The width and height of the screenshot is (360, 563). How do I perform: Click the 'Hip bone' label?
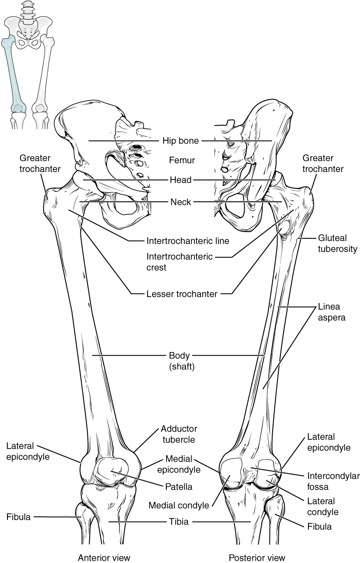coord(181,141)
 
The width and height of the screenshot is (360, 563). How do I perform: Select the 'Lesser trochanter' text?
coord(182,294)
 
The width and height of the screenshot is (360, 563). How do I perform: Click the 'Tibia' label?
coord(180,522)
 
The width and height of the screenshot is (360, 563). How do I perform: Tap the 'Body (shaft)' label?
coord(181,361)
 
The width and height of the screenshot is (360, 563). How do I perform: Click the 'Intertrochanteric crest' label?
coord(179,262)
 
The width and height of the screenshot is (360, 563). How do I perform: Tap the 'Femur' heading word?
coord(182,160)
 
